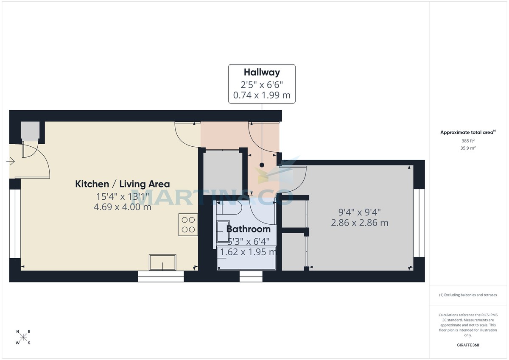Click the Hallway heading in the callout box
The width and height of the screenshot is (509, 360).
262,72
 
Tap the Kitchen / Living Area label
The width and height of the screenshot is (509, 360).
122,184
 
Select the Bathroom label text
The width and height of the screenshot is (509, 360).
248,229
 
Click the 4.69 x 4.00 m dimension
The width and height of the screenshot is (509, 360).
122,207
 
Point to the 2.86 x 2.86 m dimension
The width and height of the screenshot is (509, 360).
359,223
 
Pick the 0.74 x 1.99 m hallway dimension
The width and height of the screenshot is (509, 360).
262,95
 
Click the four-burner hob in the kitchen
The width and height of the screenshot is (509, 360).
188,224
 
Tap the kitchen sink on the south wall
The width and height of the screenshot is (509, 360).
162,262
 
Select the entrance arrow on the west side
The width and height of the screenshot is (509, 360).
11,162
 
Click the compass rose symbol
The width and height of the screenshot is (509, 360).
23,338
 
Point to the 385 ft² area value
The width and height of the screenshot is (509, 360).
468,141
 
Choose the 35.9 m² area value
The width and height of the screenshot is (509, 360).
468,148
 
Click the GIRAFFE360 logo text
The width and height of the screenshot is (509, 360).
468,345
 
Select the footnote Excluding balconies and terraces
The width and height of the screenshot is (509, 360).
468,295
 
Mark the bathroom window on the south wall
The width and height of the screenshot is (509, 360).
251,276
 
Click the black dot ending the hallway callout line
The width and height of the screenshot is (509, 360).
262,165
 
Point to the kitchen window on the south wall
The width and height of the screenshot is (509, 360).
161,276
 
